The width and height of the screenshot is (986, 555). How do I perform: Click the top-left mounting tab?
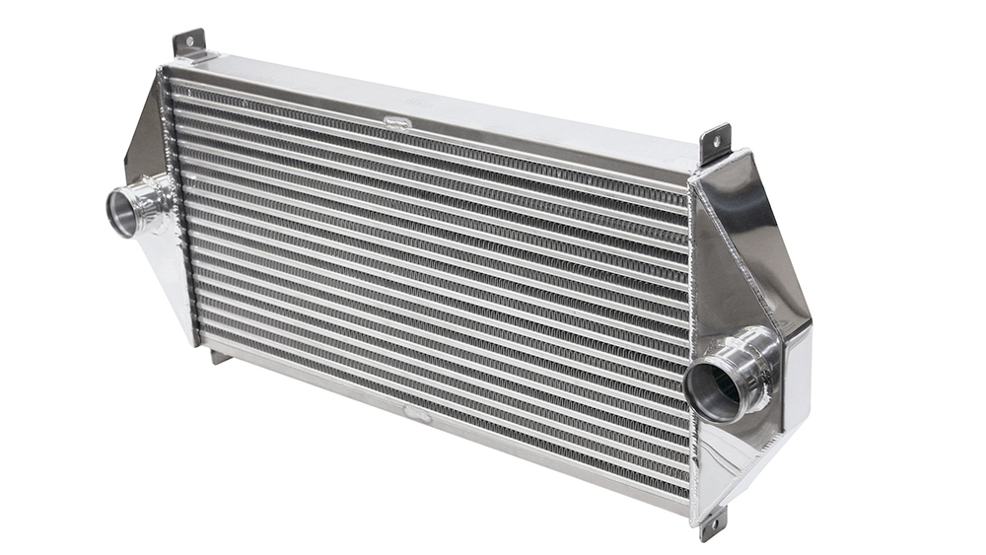tap(189, 43)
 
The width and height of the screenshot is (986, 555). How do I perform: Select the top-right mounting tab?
tap(715, 142)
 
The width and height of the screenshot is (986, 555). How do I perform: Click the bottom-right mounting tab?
tap(712, 524)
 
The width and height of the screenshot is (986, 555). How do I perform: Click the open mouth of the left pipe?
tap(121, 212)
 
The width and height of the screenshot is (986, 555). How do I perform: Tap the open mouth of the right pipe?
tap(713, 388)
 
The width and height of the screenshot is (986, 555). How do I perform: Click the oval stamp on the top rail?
tap(396, 122)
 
